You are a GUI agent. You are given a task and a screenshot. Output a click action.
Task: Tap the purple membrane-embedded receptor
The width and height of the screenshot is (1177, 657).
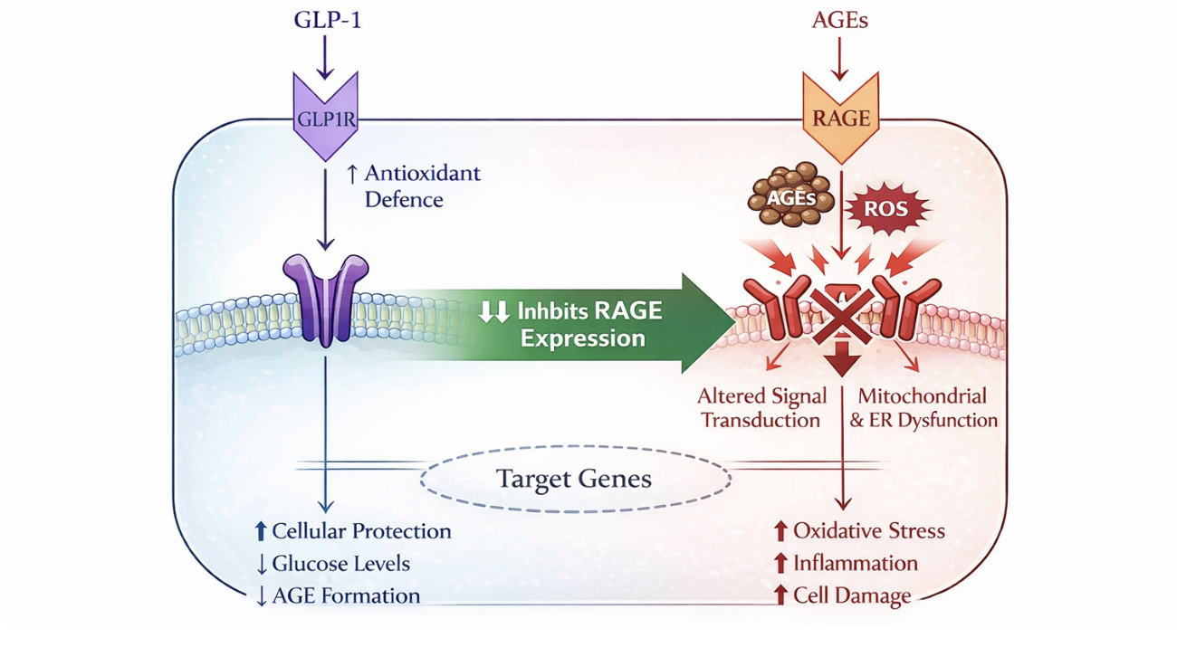click(326, 299)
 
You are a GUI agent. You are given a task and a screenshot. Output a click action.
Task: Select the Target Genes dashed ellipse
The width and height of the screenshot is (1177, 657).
click(575, 479)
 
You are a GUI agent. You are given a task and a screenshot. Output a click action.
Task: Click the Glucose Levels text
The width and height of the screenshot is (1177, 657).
click(340, 564)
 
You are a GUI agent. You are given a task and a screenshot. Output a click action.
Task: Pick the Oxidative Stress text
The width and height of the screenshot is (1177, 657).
click(868, 531)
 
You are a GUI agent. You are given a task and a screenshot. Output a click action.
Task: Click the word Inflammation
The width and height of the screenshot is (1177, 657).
click(855, 564)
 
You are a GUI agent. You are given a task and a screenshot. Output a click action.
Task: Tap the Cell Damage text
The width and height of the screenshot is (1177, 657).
click(851, 595)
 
